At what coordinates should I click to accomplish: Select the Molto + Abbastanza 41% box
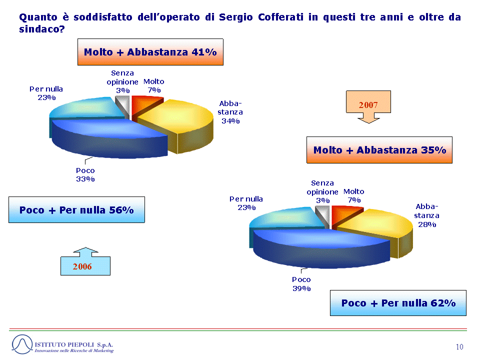click(150, 52)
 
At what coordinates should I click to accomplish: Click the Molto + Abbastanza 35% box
click(379, 150)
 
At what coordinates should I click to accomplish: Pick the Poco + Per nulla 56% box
click(76, 209)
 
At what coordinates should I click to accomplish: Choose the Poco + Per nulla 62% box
click(398, 303)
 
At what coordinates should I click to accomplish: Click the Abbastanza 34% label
click(230, 112)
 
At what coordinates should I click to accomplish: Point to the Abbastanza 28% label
click(426, 215)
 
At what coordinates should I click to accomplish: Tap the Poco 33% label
click(85, 175)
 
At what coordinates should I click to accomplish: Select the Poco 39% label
click(301, 284)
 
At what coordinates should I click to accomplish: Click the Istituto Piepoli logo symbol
click(22, 344)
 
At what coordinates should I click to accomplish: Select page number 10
click(459, 347)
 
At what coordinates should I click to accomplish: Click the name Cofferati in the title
click(280, 17)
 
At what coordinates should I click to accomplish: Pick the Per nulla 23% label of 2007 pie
click(246, 203)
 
